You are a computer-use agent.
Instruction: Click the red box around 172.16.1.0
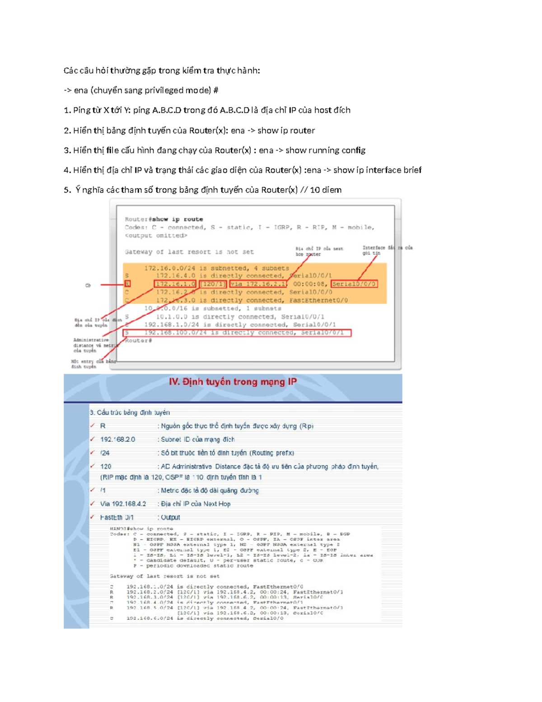pos(175,284)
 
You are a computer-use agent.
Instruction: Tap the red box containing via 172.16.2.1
pos(258,284)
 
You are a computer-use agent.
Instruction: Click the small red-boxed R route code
pos(127,284)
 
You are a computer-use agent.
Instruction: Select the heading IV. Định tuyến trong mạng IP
pos(233,382)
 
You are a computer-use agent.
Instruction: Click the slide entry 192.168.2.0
pos(117,439)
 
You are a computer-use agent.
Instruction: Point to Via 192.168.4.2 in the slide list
pos(123,504)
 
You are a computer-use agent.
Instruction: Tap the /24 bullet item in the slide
pos(105,453)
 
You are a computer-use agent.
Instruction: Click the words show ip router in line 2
pos(286,131)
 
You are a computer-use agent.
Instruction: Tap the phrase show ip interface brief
pos(377,170)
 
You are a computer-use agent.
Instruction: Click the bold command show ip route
pos(178,219)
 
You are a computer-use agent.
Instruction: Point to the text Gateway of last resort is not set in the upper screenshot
pos(189,252)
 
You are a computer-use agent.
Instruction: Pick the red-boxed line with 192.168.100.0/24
pos(237,333)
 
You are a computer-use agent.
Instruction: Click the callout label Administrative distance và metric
pos(91,345)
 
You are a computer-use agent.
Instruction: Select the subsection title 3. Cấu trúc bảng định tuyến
pos(130,412)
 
